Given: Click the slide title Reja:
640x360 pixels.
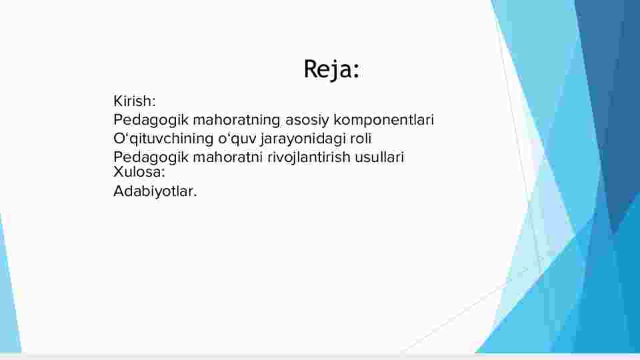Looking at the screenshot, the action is pyautogui.click(x=331, y=69).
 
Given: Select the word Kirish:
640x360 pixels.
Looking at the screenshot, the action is pyautogui.click(x=134, y=101).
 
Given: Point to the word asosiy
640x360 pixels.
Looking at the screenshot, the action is pyautogui.click(x=307, y=121).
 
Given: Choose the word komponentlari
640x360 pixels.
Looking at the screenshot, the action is pyautogui.click(x=384, y=120).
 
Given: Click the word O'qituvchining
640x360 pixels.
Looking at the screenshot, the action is pyautogui.click(x=163, y=139).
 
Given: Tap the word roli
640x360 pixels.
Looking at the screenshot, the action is pyautogui.click(x=361, y=139).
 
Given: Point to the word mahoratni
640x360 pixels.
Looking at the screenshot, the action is pyautogui.click(x=228, y=157).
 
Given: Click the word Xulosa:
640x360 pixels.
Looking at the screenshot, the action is pyautogui.click(x=139, y=172).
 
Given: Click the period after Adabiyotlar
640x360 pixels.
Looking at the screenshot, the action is pyautogui.click(x=195, y=196).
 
